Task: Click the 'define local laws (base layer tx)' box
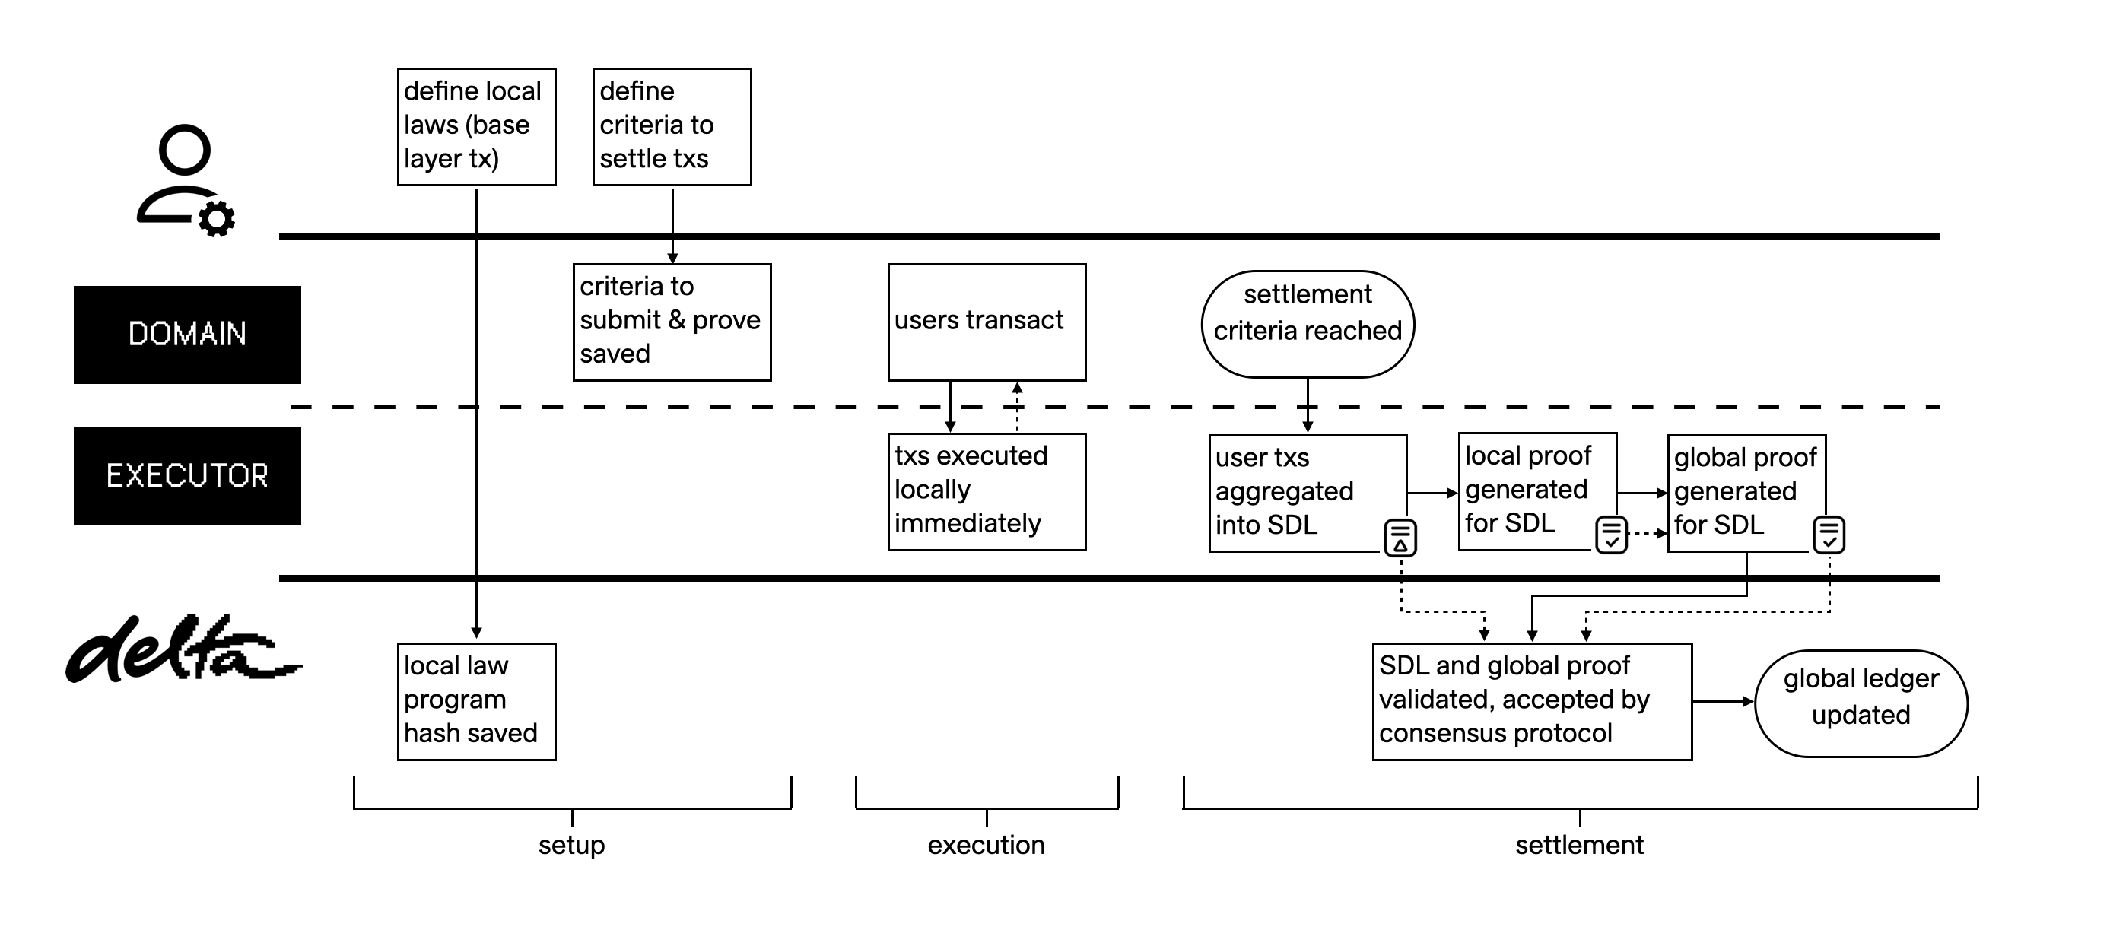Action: click(476, 126)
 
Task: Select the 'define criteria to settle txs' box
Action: click(672, 126)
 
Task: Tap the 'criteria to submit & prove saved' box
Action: click(672, 322)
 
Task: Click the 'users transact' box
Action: click(987, 322)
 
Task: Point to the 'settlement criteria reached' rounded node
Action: click(1308, 324)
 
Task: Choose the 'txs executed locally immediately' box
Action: click(987, 491)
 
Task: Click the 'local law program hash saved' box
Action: click(476, 701)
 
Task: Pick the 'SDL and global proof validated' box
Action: click(1532, 701)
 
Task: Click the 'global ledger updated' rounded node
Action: click(1861, 703)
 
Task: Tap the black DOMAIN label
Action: click(187, 334)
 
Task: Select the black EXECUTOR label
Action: click(187, 476)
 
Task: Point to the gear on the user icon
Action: click(216, 219)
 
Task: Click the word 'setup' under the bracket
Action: click(571, 844)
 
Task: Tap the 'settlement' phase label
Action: click(1578, 844)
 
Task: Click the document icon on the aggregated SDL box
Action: click(1400, 538)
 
